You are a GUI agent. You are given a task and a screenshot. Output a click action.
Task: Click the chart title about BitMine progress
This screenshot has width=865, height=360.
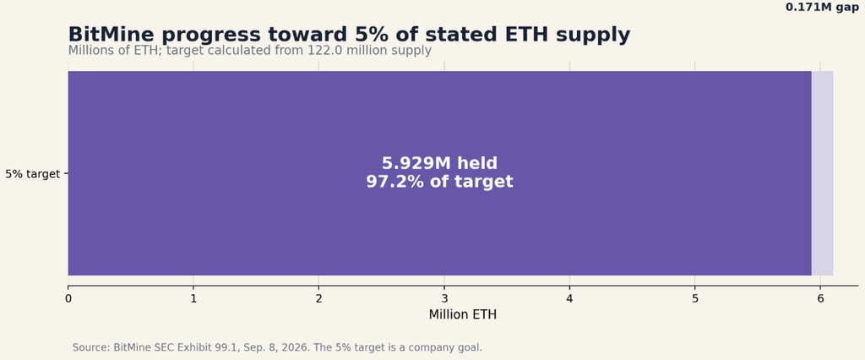coord(349,35)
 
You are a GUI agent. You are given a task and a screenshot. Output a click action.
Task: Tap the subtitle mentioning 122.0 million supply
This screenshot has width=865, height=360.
coord(250,51)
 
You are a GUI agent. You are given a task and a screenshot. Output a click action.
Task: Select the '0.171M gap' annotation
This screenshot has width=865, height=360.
coord(822,7)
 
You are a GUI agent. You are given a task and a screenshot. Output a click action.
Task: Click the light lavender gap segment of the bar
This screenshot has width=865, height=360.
coord(822,173)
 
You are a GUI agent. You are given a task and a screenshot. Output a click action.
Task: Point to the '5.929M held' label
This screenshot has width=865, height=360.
coord(439,163)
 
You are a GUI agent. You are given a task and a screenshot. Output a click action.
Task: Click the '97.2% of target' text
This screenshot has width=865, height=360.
coord(439,182)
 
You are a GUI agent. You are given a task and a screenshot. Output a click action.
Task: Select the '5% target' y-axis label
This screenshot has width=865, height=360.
coord(33,174)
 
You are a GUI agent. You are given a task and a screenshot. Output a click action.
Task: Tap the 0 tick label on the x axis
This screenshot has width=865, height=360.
coord(68,298)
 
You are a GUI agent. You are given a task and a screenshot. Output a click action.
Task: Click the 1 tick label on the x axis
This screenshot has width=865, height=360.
coord(193,298)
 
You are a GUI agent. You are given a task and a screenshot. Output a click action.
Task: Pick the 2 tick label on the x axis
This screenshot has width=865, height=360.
coord(318,298)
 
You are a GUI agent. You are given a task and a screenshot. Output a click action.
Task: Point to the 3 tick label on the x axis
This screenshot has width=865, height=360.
coord(444,298)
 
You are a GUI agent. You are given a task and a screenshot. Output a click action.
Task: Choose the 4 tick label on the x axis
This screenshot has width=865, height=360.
coord(569,298)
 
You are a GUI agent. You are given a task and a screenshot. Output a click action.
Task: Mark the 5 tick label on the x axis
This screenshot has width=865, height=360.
coord(695,298)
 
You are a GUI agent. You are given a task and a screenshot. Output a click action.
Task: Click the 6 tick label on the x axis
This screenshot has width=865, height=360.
coord(820,298)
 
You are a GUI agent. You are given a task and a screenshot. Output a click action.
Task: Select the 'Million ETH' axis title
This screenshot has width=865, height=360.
coord(462,314)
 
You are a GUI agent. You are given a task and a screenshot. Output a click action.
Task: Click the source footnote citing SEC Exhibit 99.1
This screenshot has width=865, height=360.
coord(277,348)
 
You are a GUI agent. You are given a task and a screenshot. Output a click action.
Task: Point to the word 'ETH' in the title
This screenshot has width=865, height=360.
coord(528,35)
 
